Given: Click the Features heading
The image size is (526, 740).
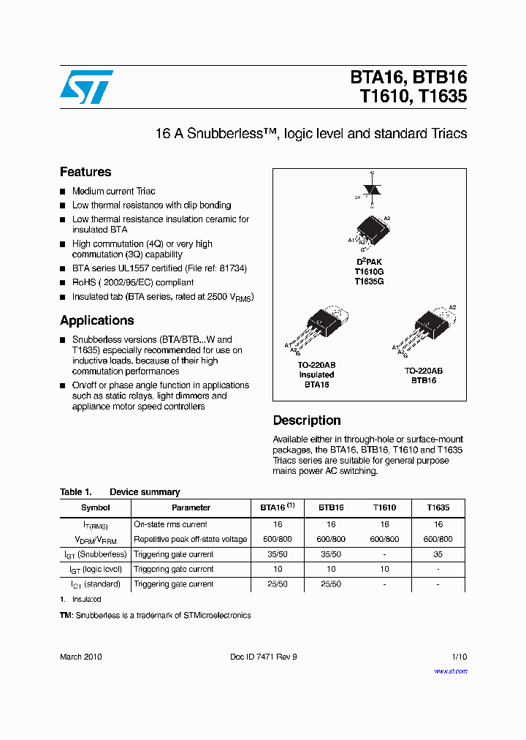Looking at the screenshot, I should click(x=85, y=172).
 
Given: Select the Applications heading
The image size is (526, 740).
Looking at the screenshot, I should click(x=96, y=320).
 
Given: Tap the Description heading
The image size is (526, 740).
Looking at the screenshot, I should click(x=307, y=420).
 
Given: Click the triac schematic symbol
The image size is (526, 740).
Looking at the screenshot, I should click(x=373, y=189).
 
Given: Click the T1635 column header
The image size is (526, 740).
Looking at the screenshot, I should click(x=438, y=507).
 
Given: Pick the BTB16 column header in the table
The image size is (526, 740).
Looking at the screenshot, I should click(x=331, y=507).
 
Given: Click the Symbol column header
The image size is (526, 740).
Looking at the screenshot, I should click(x=96, y=507).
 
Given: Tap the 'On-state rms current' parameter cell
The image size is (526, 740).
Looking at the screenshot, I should click(x=170, y=524).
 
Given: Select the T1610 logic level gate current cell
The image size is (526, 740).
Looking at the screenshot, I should click(x=384, y=569).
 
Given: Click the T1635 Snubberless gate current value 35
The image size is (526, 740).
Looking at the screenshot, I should click(x=438, y=554).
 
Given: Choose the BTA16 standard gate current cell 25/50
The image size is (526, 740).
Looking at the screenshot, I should click(x=278, y=584).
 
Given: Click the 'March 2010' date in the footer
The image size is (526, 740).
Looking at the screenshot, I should click(x=80, y=657).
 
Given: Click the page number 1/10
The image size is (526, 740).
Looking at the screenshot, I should click(x=459, y=657).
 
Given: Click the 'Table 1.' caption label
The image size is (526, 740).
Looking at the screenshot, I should click(x=75, y=492).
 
